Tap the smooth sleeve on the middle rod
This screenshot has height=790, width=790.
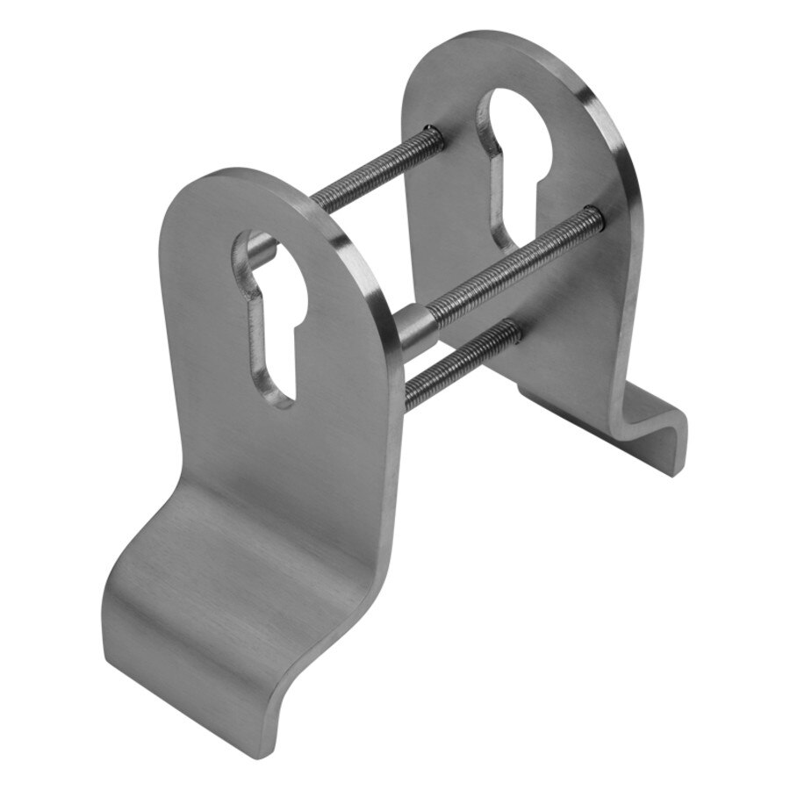coord(420,327)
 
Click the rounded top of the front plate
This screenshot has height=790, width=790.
coord(255,189)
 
